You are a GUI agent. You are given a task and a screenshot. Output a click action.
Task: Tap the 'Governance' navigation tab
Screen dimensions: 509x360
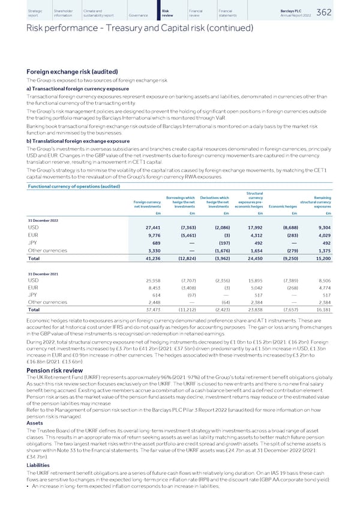pyautogui.click(x=137, y=14)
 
